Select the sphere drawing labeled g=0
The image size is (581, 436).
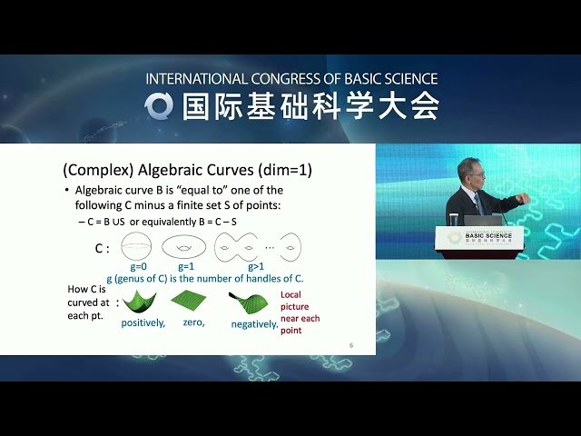coord(138,246)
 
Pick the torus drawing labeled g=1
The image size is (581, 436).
coord(184,246)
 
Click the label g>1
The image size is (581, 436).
coord(257,267)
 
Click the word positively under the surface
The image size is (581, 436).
coord(143,323)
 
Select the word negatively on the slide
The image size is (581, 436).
coord(254,323)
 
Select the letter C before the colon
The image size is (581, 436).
coord(99,247)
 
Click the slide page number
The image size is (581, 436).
coord(350,344)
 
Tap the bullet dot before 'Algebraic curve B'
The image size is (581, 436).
coord(66,190)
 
